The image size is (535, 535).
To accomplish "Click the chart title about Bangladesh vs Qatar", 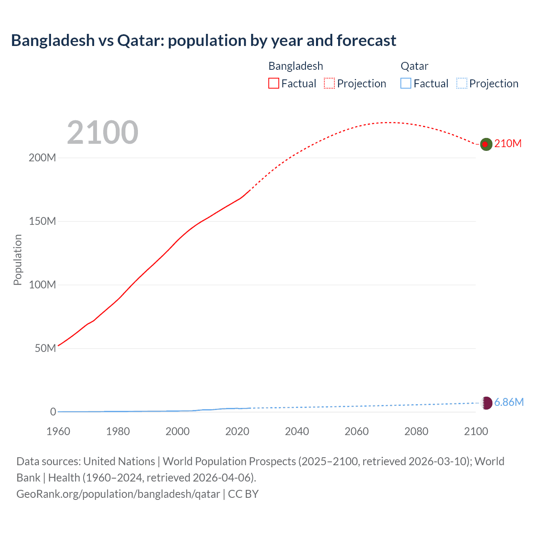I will tap(204, 41).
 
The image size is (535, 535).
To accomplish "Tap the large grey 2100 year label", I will tap(102, 132).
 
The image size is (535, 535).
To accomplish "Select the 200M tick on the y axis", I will tap(42, 158).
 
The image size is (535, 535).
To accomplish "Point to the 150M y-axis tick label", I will tap(42, 222).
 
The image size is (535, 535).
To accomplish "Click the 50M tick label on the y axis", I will tap(45, 349).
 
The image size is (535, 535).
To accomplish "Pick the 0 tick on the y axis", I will tap(53, 412).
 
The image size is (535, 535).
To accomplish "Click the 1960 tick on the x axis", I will tap(58, 431).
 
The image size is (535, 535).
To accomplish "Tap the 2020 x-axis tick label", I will tap(237, 431).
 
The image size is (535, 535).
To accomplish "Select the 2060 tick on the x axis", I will tap(357, 431).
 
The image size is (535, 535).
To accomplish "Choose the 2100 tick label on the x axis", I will tap(476, 431).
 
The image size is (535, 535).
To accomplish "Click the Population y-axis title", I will tap(18, 260).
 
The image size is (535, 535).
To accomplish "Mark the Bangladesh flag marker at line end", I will tap(486, 144).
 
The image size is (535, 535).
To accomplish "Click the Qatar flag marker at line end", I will tap(486, 403).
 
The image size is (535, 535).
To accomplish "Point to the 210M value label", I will tap(508, 144).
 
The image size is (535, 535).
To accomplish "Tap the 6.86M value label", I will tap(509, 403).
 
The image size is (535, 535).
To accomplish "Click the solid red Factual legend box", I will tap(274, 84).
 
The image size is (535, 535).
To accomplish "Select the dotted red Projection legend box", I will tap(329, 84).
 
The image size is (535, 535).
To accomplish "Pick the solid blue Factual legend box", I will tap(406, 84).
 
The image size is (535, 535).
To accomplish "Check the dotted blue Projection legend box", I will tap(462, 84).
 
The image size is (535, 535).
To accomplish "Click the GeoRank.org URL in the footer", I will tap(118, 494).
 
